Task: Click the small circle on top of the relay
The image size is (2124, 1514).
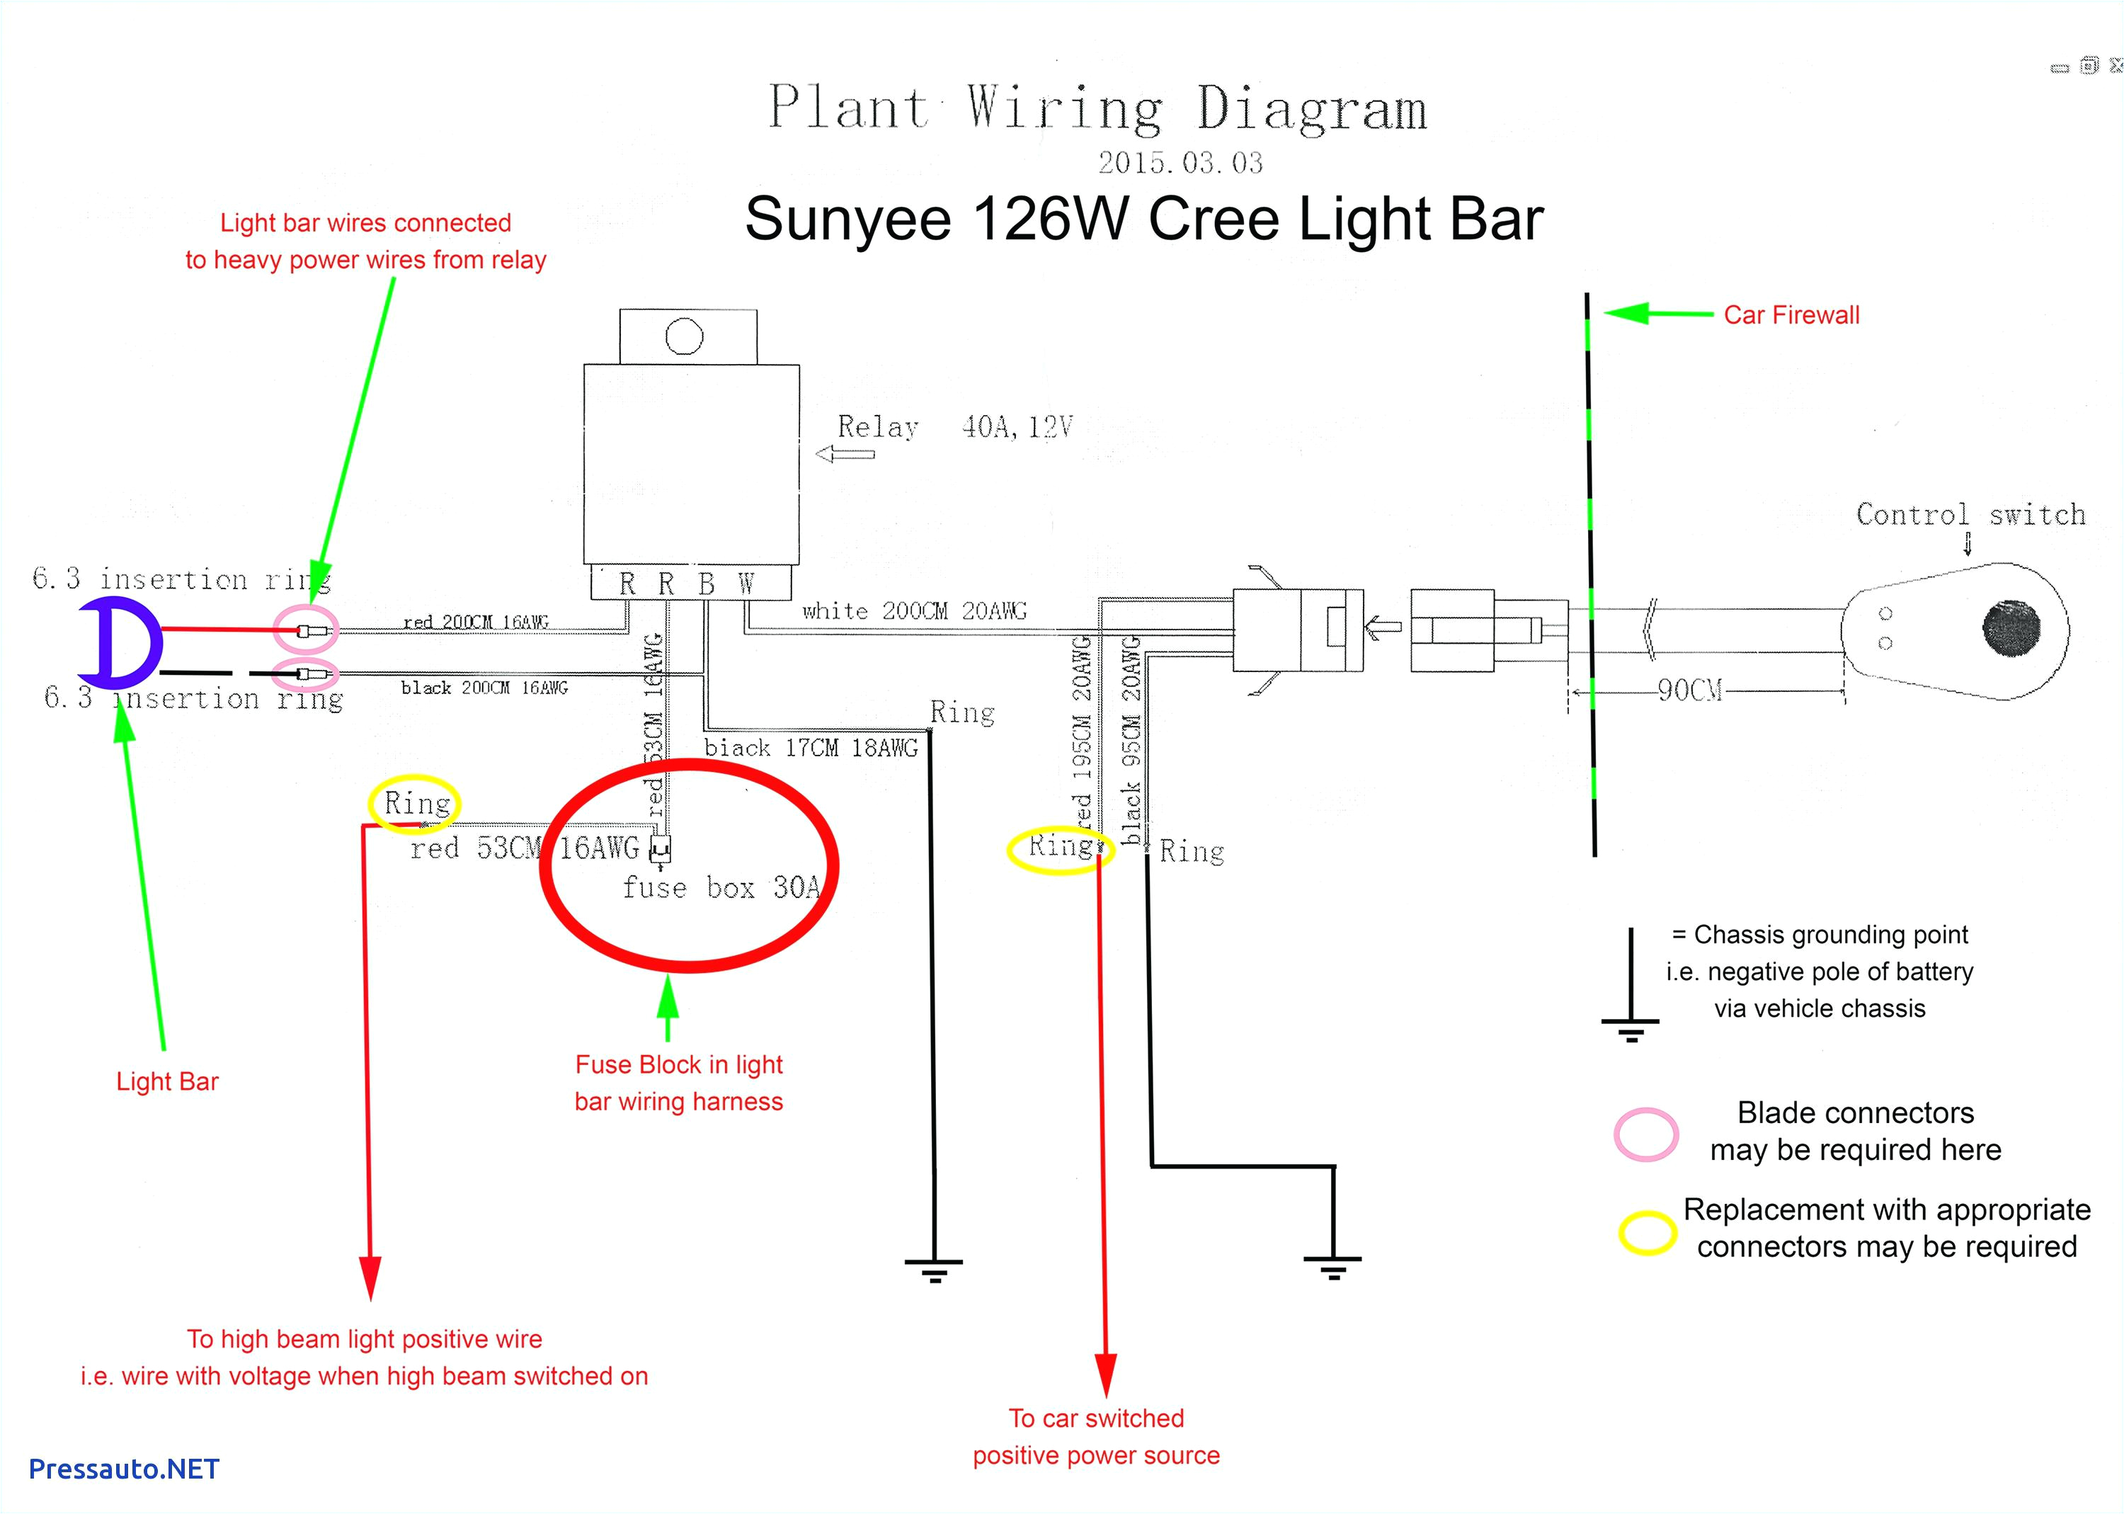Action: coord(684,336)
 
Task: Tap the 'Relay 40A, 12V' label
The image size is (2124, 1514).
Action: coord(954,427)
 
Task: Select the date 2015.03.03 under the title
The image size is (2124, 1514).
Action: coord(1180,163)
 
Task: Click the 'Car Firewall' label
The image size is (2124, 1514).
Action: coord(1791,315)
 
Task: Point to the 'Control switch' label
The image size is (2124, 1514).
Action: coord(1970,515)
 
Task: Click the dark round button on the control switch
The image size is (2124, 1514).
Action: coord(2011,627)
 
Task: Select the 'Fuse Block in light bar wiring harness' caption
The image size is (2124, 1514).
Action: coord(678,1082)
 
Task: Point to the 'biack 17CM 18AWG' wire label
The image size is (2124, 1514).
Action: coord(810,748)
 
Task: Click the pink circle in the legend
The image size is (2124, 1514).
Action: coord(1646,1134)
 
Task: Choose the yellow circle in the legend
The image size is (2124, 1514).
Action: coord(1647,1232)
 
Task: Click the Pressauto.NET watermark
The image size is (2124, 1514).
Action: coord(124,1469)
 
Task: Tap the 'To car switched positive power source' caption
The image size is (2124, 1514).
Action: coord(1096,1437)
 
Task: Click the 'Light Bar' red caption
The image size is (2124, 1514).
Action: coord(167,1081)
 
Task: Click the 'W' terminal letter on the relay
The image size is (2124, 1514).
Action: coord(746,584)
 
